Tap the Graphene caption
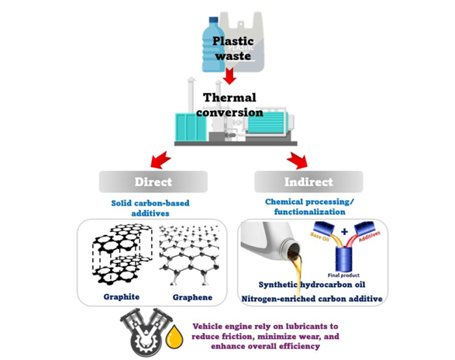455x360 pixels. [x=189, y=296]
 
